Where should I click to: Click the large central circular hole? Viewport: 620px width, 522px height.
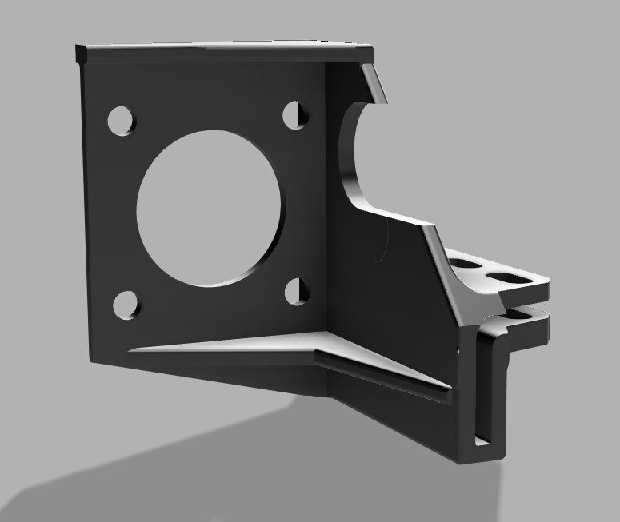(209, 207)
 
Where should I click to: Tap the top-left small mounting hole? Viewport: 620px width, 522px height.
(122, 120)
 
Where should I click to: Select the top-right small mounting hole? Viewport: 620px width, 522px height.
(296, 114)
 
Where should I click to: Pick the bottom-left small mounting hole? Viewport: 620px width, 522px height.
(126, 305)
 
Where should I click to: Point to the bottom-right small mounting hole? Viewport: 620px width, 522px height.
(297, 292)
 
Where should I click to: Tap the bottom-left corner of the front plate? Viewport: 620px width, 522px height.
(90, 360)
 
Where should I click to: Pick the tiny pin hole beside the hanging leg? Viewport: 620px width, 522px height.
(458, 350)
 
